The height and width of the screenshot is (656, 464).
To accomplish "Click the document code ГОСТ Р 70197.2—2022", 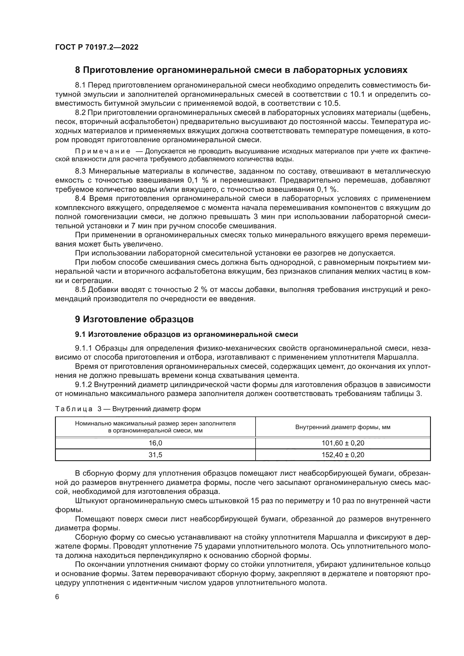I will (x=97, y=47).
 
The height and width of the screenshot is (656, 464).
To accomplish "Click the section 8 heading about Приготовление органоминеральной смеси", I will (x=241, y=70).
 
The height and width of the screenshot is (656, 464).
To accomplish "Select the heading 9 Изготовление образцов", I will (x=134, y=319).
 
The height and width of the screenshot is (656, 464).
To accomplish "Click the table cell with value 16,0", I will (x=155, y=443).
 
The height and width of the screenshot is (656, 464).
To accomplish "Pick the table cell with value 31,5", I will (x=155, y=455).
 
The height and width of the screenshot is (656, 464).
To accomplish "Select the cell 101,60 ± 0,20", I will (x=343, y=443).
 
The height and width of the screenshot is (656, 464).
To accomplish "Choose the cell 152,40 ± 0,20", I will (x=343, y=455).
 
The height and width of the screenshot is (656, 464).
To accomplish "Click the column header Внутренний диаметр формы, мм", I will (x=343, y=427).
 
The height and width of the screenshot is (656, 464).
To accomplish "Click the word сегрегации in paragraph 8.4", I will (x=91, y=280).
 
